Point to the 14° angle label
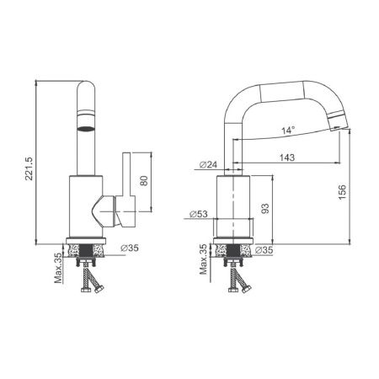pos(288,131)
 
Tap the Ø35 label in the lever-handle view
pos(130,248)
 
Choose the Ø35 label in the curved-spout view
pos(264,249)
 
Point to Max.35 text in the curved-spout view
pos(202,260)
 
